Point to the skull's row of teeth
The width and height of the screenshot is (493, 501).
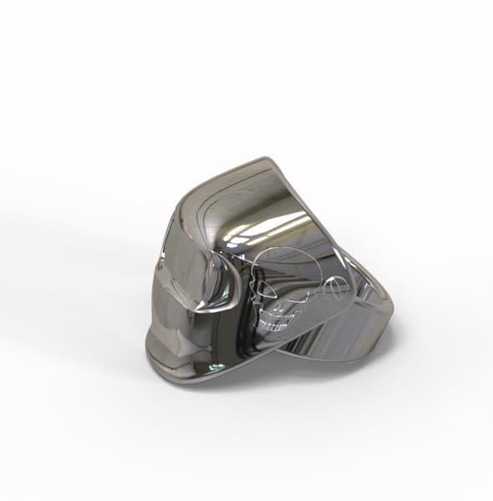click(x=275, y=321)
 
